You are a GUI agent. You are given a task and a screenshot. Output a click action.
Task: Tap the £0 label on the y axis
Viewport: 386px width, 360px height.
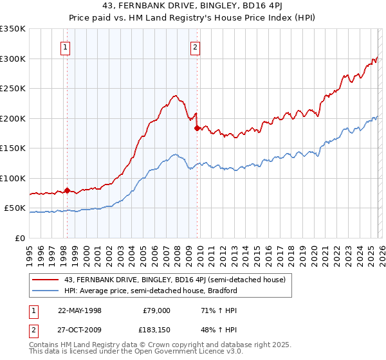(x=20, y=238)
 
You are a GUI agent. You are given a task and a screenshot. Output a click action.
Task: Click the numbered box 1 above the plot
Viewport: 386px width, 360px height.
(x=66, y=46)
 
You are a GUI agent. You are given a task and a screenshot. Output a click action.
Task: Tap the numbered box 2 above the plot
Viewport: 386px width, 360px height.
(x=195, y=46)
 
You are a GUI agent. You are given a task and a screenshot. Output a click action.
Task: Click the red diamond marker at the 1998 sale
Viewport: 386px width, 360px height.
(x=67, y=190)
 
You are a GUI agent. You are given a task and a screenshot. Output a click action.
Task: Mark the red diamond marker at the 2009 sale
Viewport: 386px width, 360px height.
(x=197, y=128)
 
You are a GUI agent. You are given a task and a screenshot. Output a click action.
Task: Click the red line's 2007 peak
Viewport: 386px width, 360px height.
(x=174, y=96)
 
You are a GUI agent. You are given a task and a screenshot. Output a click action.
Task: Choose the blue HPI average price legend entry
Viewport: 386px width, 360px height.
(x=152, y=291)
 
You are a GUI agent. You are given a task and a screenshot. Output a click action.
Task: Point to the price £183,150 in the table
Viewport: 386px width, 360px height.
(x=156, y=330)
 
